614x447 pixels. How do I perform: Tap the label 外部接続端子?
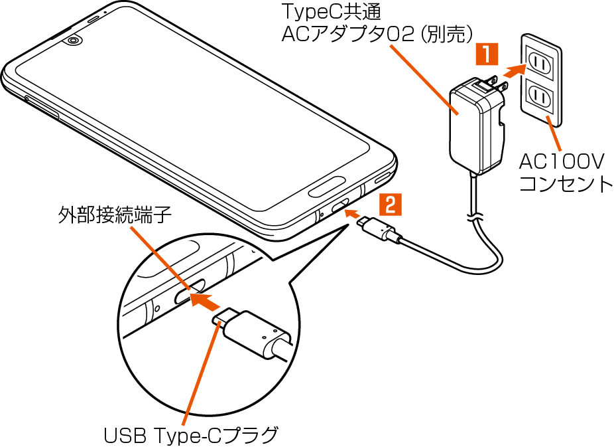(114, 216)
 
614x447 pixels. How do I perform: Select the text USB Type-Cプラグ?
(190, 435)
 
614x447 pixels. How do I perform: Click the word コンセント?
(565, 183)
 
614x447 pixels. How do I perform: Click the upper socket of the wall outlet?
(539, 64)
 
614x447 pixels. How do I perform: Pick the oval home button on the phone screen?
(328, 188)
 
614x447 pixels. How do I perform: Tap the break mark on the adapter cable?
(474, 217)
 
